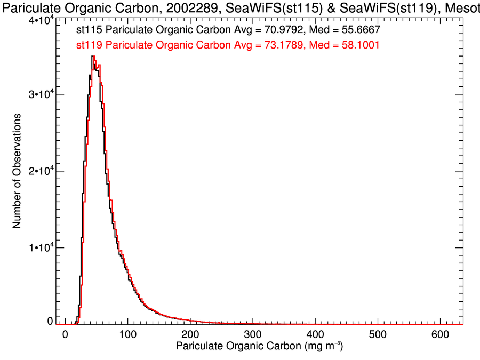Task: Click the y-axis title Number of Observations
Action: (17, 171)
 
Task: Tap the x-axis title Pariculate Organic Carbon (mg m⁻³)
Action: (259, 347)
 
